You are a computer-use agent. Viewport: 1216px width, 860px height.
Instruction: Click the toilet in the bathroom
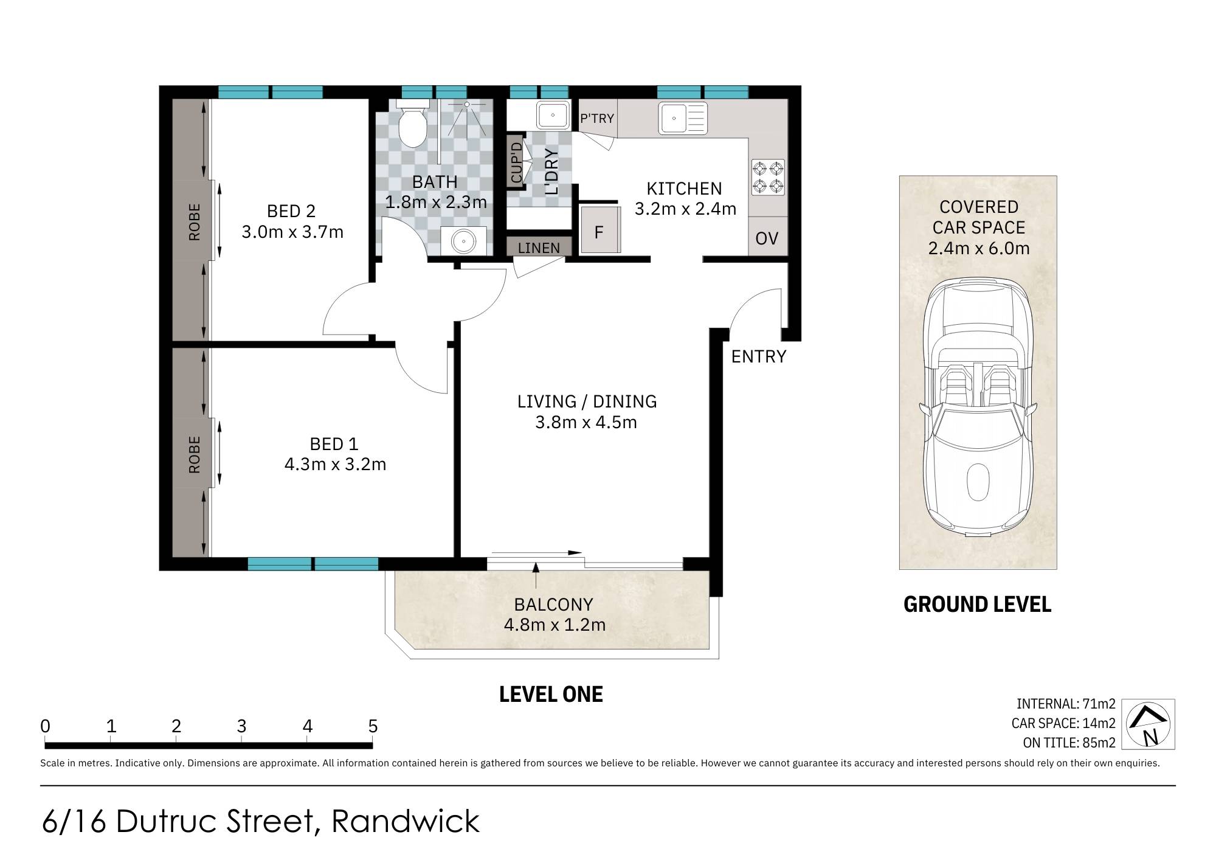coord(413,127)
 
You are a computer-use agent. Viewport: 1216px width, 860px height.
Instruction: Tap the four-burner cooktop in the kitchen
coord(768,177)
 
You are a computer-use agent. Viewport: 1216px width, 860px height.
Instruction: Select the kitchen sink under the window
coord(683,118)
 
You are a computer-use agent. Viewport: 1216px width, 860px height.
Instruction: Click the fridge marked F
coord(600,230)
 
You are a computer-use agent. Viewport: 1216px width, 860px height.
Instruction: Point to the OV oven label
coord(767,238)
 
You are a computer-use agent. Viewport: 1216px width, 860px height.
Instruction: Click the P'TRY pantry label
coord(597,119)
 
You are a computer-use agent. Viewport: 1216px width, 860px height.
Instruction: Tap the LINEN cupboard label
coord(539,248)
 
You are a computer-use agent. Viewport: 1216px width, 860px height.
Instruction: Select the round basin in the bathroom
coord(464,241)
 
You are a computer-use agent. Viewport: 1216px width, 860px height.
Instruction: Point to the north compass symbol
coord(1148,724)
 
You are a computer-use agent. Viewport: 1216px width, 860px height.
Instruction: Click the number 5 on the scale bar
coord(373,726)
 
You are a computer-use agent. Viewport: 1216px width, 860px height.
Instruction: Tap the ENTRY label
coord(759,356)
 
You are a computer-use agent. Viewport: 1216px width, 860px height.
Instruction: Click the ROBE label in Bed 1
coord(194,454)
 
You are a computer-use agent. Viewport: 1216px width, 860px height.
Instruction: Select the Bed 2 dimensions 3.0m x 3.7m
coord(292,232)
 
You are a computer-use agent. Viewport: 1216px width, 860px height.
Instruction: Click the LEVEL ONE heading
coord(551,694)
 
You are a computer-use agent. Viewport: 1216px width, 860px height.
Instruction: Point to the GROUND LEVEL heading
coord(977,604)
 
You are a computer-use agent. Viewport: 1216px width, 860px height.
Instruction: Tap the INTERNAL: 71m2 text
coord(1066,704)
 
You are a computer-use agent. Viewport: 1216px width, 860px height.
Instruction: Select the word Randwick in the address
coord(406,821)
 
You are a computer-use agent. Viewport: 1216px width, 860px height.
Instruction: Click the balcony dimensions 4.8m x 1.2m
coord(554,625)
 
